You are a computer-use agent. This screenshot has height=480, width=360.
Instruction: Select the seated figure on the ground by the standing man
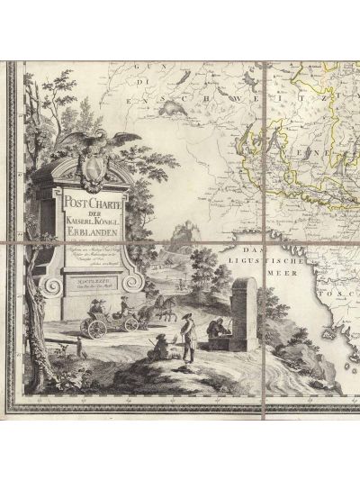pyautogui.click(x=158, y=348)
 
